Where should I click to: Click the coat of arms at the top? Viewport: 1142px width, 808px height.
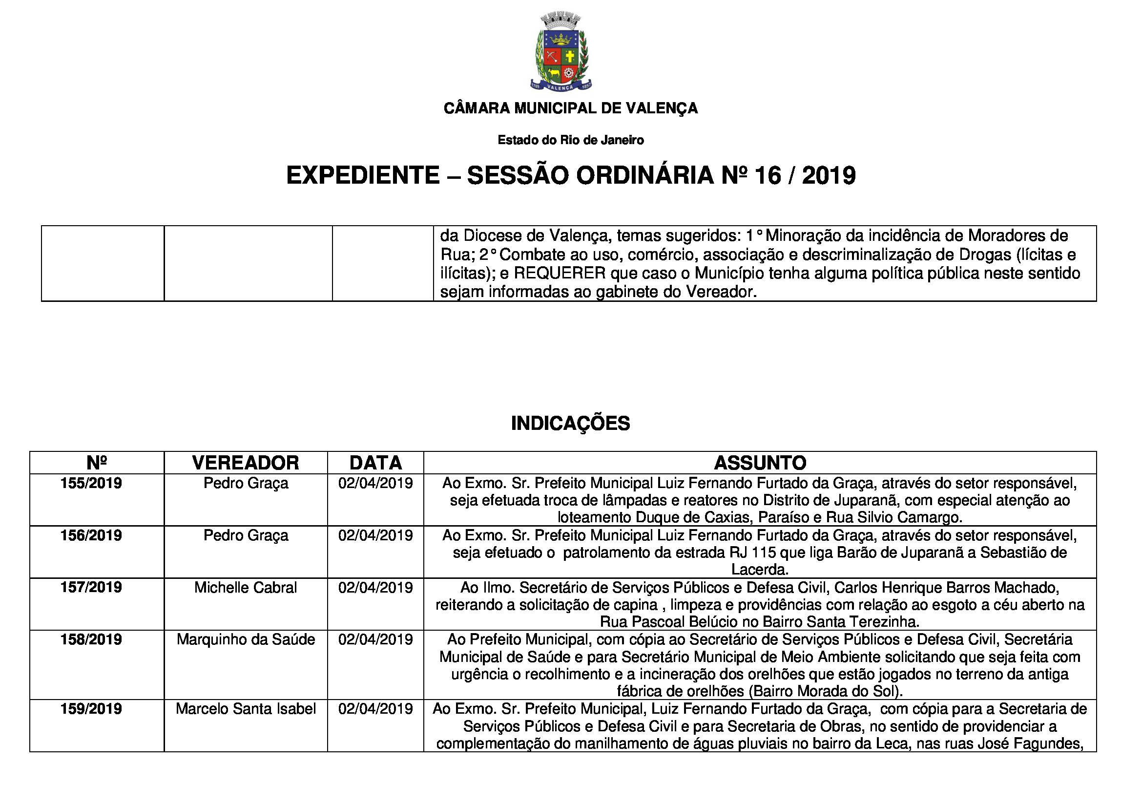pyautogui.click(x=561, y=52)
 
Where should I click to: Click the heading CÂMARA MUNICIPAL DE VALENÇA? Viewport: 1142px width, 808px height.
pyautogui.click(x=570, y=108)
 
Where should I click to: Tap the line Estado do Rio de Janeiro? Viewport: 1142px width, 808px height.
pyautogui.click(x=570, y=140)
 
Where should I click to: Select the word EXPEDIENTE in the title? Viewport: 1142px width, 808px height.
pyautogui.click(x=363, y=175)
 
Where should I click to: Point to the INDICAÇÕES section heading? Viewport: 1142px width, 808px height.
pyautogui.click(x=570, y=424)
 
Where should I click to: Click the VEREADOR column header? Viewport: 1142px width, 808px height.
pyautogui.click(x=246, y=463)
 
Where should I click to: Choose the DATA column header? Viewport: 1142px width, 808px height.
pyautogui.click(x=375, y=463)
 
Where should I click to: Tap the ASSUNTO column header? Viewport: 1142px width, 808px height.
pyautogui.click(x=760, y=463)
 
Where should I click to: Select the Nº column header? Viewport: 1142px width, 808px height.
pyautogui.click(x=97, y=463)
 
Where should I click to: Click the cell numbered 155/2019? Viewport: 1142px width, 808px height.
pyautogui.click(x=91, y=484)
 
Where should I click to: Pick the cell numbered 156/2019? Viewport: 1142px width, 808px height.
pyautogui.click(x=91, y=536)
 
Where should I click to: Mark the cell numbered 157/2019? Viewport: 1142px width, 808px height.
pyautogui.click(x=91, y=588)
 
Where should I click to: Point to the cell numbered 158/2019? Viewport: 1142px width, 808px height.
pyautogui.click(x=91, y=640)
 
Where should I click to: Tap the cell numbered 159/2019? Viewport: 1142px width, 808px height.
pyautogui.click(x=91, y=709)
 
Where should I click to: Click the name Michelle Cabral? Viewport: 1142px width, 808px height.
pyautogui.click(x=246, y=588)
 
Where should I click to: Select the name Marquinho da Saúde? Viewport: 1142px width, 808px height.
pyautogui.click(x=246, y=640)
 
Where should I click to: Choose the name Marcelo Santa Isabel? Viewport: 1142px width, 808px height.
pyautogui.click(x=246, y=709)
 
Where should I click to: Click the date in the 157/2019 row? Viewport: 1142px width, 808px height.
pyautogui.click(x=375, y=588)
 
